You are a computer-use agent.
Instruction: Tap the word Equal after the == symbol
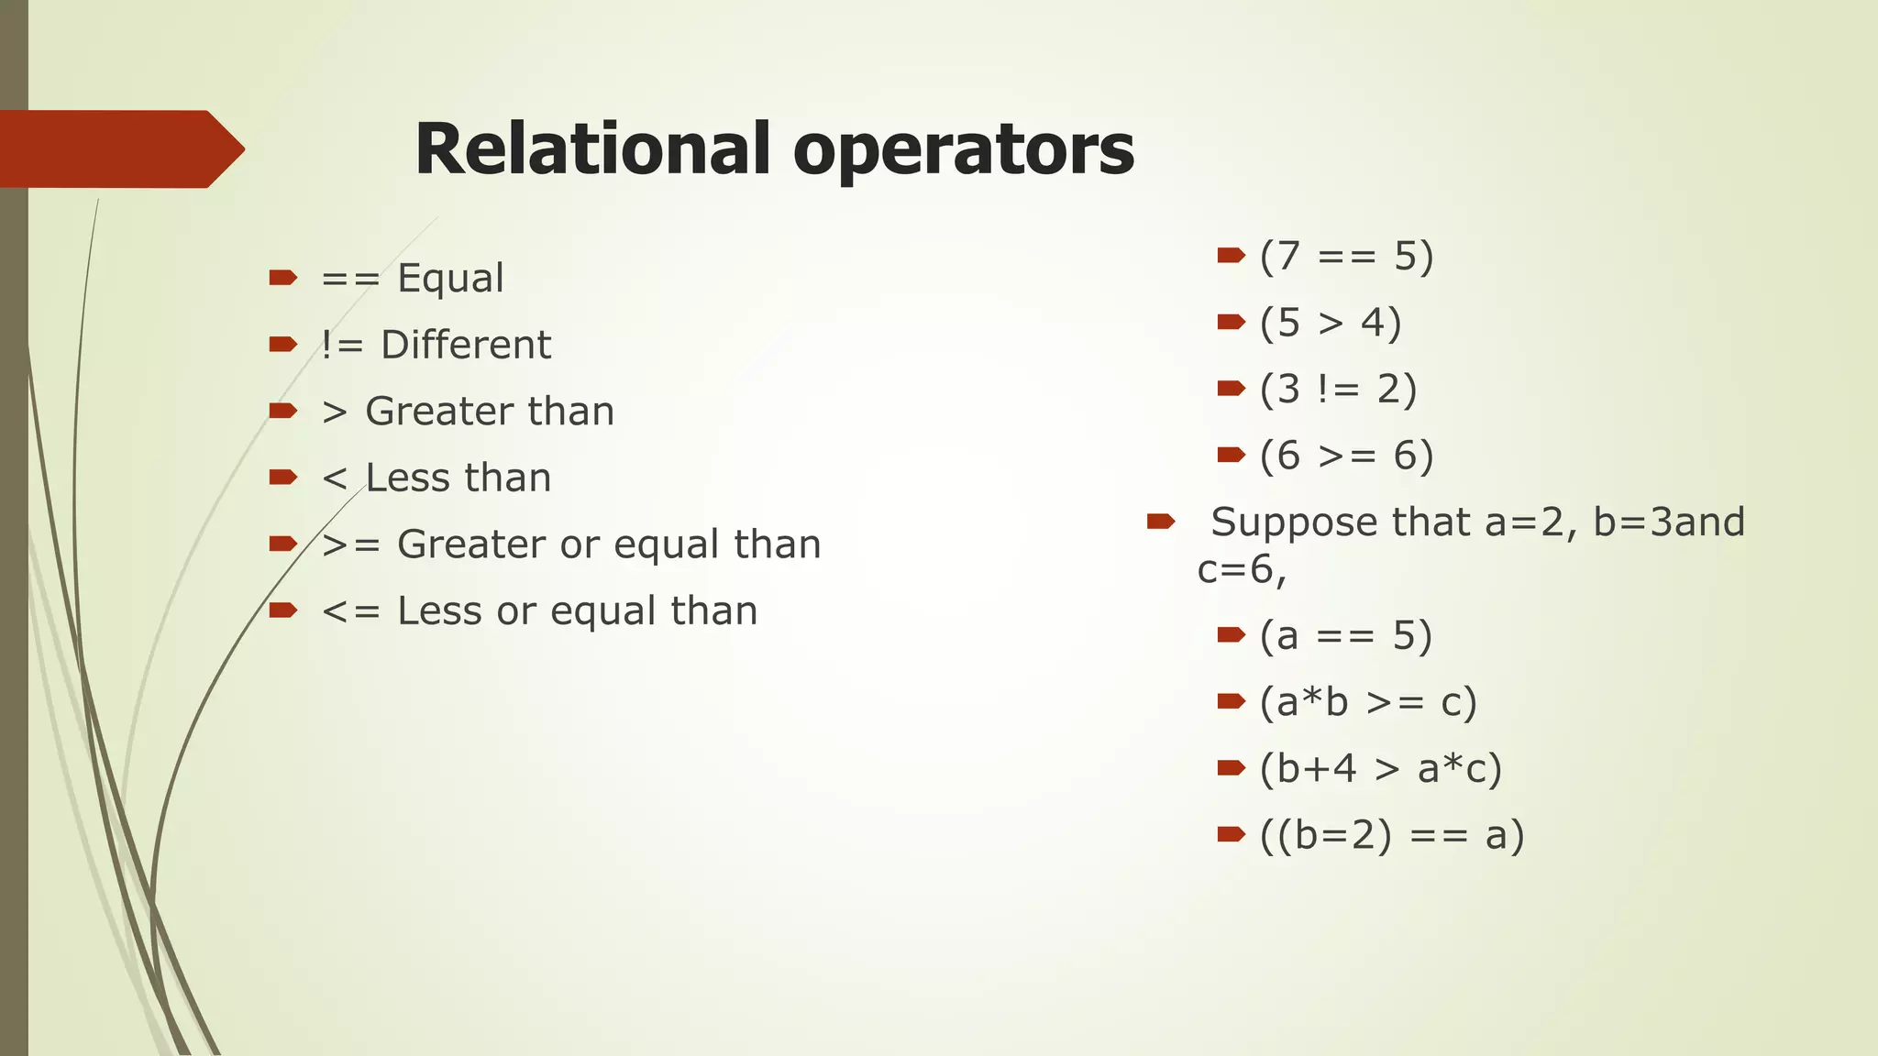[450, 278]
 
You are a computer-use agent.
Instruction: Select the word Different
[466, 345]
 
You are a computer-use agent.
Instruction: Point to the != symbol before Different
[342, 345]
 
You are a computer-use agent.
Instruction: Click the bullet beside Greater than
[282, 410]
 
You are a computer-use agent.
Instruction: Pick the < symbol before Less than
[335, 478]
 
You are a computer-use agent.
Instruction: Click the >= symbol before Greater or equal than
[350, 544]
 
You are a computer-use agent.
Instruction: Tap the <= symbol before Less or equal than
[350, 611]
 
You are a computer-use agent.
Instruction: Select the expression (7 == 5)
[1346, 256]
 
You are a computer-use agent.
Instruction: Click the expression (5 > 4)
[1331, 323]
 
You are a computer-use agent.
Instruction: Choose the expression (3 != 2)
[1338, 390]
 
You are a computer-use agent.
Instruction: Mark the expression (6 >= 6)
[1346, 456]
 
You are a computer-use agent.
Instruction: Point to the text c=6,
[1242, 570]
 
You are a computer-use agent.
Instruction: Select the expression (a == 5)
[1345, 635]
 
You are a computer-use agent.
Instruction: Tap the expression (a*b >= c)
[1368, 702]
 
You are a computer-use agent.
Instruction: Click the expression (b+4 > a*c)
[1380, 768]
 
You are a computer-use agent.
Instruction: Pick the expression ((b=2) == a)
[1391, 835]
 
